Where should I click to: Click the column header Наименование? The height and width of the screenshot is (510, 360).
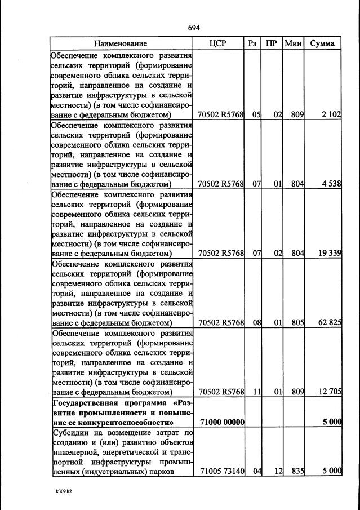(121, 43)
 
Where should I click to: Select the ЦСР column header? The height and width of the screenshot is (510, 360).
(217, 43)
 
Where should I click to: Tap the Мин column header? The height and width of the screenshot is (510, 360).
(293, 43)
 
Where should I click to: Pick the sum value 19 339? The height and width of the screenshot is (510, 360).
(330, 253)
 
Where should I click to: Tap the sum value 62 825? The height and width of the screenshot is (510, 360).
(330, 322)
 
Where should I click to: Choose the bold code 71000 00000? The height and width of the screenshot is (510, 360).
(221, 422)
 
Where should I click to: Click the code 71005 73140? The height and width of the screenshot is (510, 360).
(221, 471)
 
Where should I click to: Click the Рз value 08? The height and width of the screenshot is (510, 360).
(256, 322)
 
